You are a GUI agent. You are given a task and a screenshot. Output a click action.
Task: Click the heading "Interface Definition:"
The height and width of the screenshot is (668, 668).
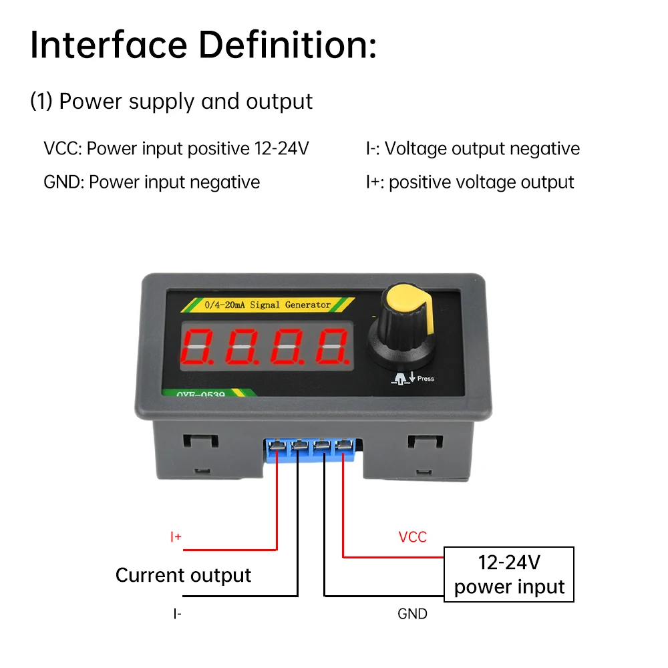coord(203,45)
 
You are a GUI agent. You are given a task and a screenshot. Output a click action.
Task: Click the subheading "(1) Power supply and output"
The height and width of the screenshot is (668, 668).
coord(171,102)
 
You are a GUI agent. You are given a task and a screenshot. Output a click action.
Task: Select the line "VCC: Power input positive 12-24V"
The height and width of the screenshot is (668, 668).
coord(176,148)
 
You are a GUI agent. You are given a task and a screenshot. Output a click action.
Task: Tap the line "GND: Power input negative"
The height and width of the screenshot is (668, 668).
coord(152,182)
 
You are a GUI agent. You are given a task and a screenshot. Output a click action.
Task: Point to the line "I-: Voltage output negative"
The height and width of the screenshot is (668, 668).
coord(472,148)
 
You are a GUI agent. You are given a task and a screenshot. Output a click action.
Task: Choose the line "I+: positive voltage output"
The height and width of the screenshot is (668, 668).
coord(470,182)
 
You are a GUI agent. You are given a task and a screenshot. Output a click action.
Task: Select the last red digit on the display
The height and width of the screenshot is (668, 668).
coord(333,347)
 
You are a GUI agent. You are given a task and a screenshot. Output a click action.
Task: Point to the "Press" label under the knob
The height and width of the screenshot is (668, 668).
coord(425,379)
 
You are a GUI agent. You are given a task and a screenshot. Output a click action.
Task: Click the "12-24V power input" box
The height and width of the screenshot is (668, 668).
coord(509,574)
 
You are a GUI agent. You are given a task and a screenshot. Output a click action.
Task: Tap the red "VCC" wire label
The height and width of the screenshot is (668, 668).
coord(412,537)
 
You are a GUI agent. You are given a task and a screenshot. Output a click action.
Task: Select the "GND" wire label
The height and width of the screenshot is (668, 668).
coord(412,613)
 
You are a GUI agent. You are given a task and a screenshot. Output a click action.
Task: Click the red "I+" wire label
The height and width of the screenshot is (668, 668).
coord(176,537)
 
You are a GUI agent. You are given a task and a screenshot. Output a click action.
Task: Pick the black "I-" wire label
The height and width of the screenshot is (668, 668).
coord(176,613)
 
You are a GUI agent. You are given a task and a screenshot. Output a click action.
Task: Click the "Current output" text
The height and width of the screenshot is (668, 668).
coord(183,575)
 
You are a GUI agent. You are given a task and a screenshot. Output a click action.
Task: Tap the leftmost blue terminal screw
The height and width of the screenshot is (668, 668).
coord(275,446)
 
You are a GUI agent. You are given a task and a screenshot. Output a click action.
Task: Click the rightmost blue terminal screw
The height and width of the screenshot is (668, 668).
coord(344,446)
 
